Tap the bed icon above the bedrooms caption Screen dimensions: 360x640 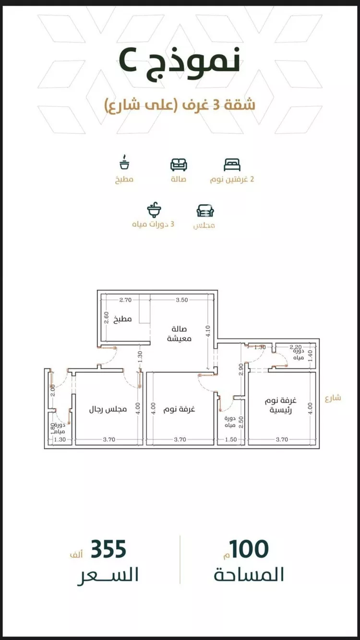point(232,165)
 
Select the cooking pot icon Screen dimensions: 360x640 point(124,162)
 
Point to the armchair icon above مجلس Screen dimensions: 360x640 point(205,211)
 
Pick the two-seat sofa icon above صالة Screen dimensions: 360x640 point(179,165)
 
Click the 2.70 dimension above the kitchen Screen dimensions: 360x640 point(125,300)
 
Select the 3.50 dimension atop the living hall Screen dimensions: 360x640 point(182,300)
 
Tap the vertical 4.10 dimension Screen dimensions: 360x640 point(208,331)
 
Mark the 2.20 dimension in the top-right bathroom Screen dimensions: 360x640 point(295,347)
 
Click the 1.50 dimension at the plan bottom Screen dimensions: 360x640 point(231,439)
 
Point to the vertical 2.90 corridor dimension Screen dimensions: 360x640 point(241,369)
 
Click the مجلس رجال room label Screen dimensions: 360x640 point(108,410)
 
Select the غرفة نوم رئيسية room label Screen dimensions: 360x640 point(280,406)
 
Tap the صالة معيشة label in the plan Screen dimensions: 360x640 point(179,334)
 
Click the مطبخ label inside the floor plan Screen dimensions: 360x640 point(122,319)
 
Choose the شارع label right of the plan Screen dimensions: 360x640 point(333,398)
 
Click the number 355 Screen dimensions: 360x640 point(108,549)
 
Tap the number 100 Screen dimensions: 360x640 point(249,549)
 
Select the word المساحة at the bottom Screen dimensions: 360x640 point(249,575)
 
